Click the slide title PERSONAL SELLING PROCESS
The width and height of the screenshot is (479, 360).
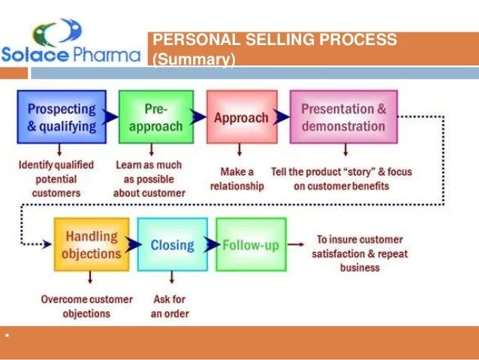[275, 40]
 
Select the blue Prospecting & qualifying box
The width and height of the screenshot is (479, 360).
[62, 117]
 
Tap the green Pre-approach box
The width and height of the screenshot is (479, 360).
[155, 117]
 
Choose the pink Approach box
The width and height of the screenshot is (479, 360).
[241, 117]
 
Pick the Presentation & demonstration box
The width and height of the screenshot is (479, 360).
[343, 117]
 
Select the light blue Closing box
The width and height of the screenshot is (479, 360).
[172, 244]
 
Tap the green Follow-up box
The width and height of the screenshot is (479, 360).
[251, 244]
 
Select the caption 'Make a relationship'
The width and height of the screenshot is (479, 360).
[236, 179]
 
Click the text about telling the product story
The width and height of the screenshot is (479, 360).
[341, 179]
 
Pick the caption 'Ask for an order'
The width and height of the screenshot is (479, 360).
[170, 306]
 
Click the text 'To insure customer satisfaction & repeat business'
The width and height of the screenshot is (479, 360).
[360, 253]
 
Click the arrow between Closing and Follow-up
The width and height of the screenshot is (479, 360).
[212, 244]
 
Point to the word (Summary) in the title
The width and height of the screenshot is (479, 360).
[194, 59]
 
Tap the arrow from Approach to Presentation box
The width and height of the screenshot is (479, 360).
[282, 117]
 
